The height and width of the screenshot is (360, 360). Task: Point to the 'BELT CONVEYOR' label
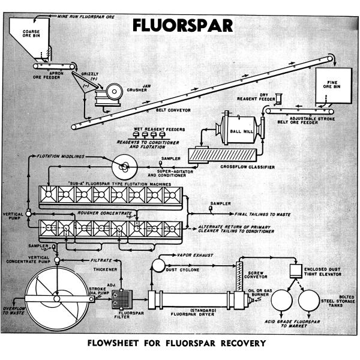pos(167,110)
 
